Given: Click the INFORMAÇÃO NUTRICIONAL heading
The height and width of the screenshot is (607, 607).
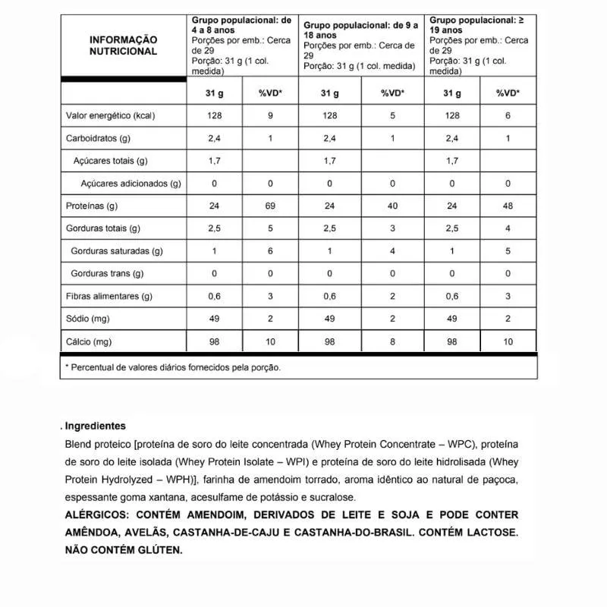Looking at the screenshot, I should (x=123, y=46).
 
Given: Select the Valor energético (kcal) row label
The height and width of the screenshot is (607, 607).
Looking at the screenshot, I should (x=111, y=116).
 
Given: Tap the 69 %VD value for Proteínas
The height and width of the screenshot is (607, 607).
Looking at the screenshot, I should (x=271, y=206).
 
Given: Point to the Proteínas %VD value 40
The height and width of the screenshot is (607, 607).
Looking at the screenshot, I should (x=392, y=206).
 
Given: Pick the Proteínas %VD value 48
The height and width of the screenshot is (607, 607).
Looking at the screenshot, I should (x=508, y=206).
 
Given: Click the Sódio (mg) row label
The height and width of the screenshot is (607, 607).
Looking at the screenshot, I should (x=90, y=319).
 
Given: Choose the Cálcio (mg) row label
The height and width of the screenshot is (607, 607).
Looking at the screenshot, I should (x=90, y=341).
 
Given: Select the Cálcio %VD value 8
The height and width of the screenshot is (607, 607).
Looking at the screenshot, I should (x=392, y=341).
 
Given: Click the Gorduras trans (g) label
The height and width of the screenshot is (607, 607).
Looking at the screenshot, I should (x=107, y=274).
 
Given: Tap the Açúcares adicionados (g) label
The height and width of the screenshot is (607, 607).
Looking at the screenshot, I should (x=131, y=184).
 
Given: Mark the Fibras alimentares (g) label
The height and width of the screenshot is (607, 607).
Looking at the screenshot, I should (x=110, y=297).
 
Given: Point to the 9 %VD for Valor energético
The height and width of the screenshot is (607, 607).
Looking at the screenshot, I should (x=271, y=116).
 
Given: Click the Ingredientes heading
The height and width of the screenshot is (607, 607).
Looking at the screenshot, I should (x=96, y=426).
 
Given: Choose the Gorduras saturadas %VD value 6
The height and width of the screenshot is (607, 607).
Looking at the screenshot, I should (x=271, y=251).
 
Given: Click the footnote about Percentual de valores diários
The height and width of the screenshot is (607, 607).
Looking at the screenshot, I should (x=175, y=367).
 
